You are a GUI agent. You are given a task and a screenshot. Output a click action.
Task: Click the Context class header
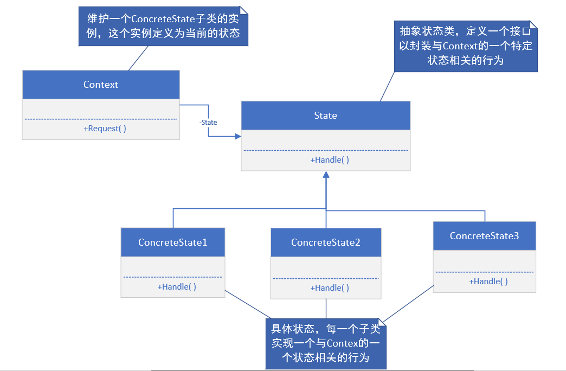click(101, 85)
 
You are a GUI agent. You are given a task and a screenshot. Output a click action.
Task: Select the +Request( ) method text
click(105, 129)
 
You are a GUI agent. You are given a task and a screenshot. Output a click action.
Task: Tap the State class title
click(325, 115)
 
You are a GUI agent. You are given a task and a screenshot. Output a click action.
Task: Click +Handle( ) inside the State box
click(330, 160)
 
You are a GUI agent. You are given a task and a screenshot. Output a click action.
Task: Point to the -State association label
click(208, 123)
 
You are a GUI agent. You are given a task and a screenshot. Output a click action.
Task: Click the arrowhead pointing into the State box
click(237, 137)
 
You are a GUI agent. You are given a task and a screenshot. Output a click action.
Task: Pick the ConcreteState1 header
click(172, 242)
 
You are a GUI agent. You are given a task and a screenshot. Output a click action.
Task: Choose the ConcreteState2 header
click(325, 242)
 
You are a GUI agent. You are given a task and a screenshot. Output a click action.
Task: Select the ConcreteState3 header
click(484, 236)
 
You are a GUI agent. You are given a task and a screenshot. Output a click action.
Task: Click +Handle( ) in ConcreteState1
click(177, 287)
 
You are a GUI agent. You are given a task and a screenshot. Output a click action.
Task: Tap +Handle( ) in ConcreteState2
click(330, 288)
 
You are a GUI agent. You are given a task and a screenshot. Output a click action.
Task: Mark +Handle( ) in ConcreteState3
click(488, 282)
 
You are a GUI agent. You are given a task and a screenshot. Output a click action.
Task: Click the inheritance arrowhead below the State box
click(326, 175)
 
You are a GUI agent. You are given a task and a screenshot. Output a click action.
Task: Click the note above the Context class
click(163, 26)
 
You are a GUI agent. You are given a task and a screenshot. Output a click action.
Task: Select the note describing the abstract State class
click(465, 47)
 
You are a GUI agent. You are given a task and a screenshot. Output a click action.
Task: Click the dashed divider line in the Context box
click(101, 119)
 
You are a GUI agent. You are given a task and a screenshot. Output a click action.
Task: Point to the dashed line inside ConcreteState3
click(484, 272)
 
